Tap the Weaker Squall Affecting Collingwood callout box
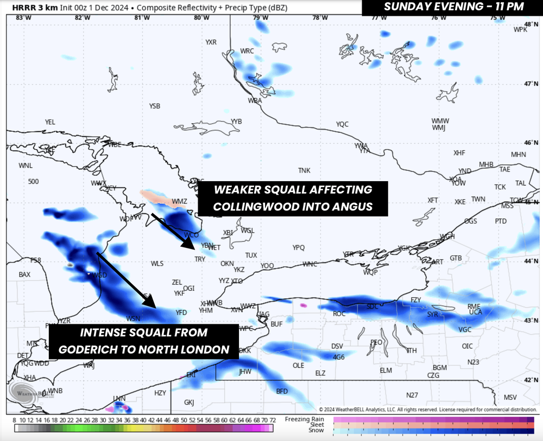[293, 198]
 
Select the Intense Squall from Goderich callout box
[144, 341]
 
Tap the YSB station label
[155, 106]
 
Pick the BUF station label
[276, 324]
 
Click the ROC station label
[339, 314]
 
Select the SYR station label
[432, 314]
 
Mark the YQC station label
[342, 124]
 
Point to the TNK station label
[304, 170]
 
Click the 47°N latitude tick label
[531, 84]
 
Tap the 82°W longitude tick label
[83, 18]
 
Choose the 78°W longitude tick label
[319, 18]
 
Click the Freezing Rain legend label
[308, 419]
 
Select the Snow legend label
[316, 431]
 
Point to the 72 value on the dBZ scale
[273, 420]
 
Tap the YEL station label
[50, 123]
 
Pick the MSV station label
[510, 397]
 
